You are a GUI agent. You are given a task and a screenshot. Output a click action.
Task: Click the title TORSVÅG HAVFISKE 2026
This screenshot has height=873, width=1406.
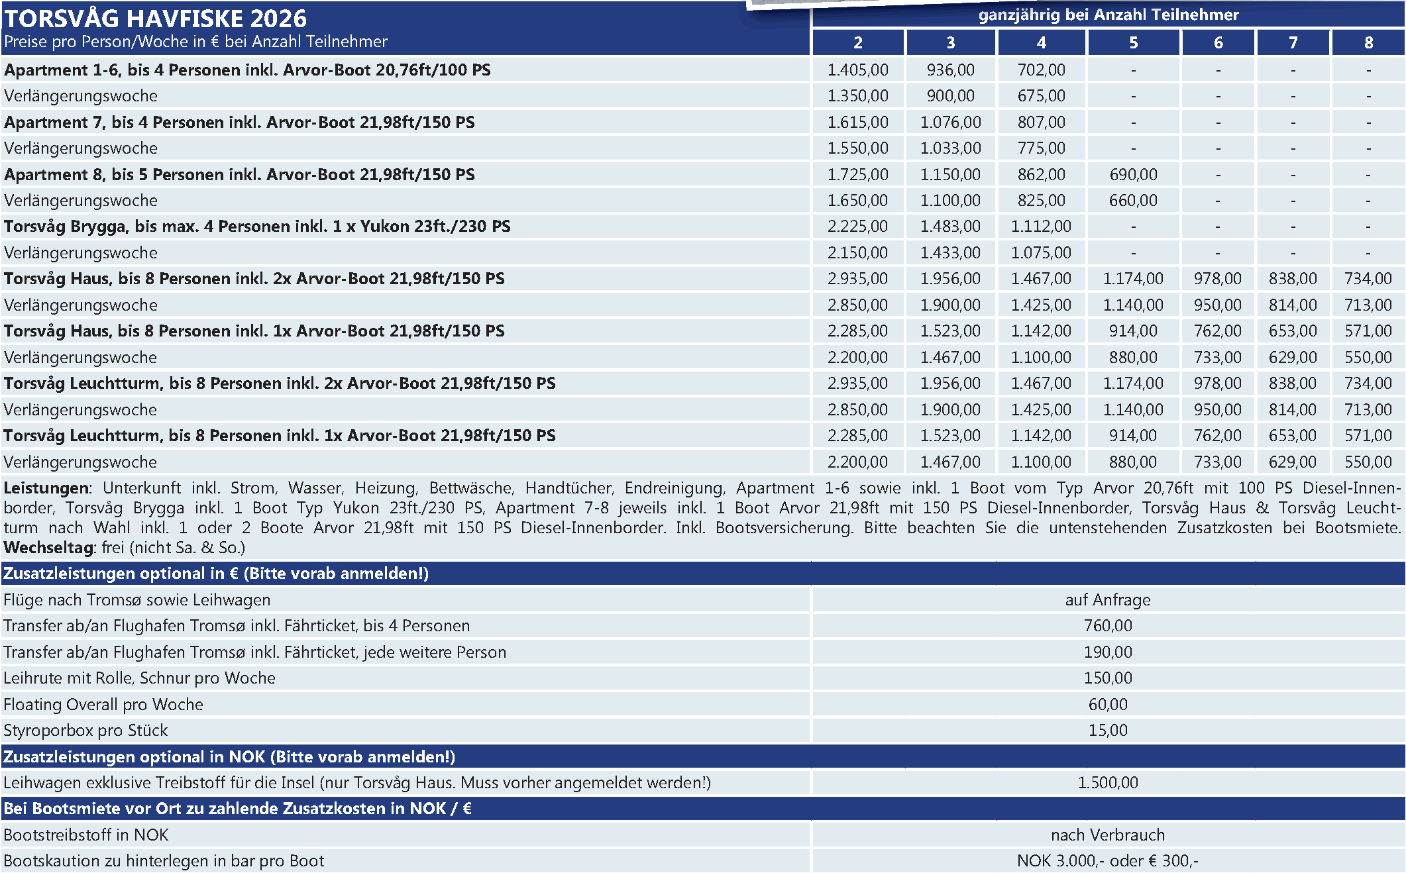tap(155, 18)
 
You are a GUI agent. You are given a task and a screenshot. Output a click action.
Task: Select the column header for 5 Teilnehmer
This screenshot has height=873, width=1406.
tap(1133, 43)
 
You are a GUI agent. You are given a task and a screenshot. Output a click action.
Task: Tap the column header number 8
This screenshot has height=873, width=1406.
tap(1368, 43)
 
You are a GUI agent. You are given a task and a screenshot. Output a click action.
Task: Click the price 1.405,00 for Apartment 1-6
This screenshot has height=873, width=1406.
tap(857, 70)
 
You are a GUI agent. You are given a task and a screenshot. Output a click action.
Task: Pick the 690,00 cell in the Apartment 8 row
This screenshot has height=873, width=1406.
tap(1133, 175)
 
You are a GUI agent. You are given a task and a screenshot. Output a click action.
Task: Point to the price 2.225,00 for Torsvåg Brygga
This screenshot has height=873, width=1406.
tap(857, 227)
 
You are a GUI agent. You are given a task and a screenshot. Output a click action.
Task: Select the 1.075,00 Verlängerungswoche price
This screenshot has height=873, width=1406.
tap(1041, 253)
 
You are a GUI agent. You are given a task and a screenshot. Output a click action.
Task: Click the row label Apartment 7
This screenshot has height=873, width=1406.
tap(239, 123)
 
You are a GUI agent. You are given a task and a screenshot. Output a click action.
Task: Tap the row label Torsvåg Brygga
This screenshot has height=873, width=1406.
tap(257, 227)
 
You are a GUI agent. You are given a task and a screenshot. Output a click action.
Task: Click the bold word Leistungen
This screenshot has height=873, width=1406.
tap(46, 488)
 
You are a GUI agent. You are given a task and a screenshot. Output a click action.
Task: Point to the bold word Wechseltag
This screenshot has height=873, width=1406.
tap(49, 548)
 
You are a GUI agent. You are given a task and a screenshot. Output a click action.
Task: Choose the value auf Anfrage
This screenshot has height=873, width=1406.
tap(1108, 600)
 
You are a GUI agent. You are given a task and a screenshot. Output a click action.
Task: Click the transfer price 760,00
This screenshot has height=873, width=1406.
tap(1108, 626)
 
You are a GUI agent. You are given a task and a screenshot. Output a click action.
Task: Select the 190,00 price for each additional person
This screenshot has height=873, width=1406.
tap(1108, 652)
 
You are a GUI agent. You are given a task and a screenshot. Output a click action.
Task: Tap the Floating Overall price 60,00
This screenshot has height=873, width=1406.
tap(1108, 705)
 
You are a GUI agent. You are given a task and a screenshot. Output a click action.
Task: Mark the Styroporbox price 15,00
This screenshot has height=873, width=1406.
tap(1108, 731)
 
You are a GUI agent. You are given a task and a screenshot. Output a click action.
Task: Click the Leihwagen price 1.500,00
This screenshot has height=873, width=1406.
tap(1108, 783)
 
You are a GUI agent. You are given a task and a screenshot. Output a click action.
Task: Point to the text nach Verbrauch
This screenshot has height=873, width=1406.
tap(1108, 835)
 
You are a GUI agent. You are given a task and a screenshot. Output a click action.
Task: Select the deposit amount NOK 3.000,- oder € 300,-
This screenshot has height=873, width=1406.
tap(1108, 861)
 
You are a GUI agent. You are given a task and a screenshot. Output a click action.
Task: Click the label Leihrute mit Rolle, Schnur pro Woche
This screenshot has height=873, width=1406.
tap(139, 678)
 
